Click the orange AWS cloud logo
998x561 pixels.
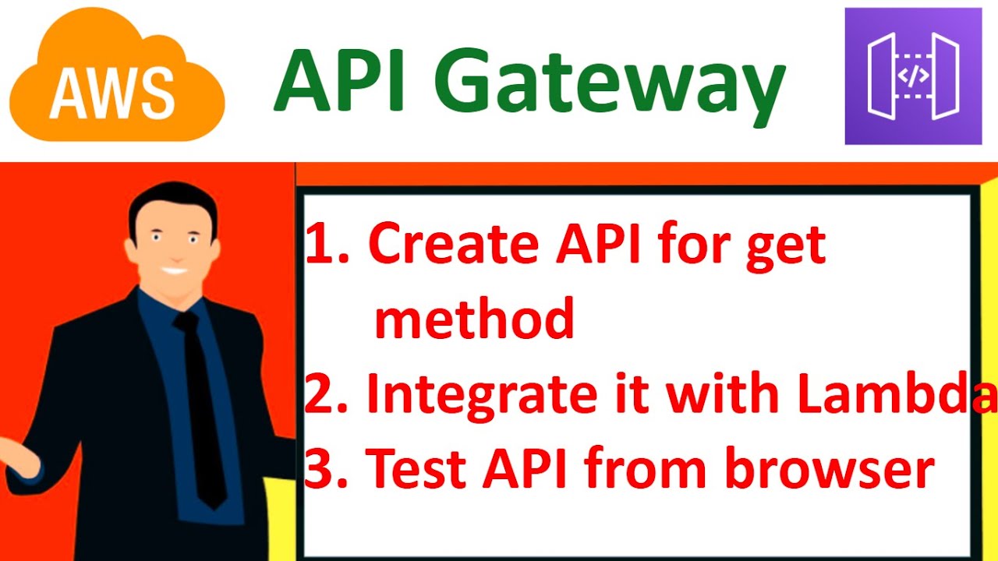(x=117, y=78)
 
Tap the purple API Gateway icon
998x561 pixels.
(x=913, y=76)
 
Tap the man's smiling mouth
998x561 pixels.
(x=173, y=272)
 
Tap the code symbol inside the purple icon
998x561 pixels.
(x=913, y=76)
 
